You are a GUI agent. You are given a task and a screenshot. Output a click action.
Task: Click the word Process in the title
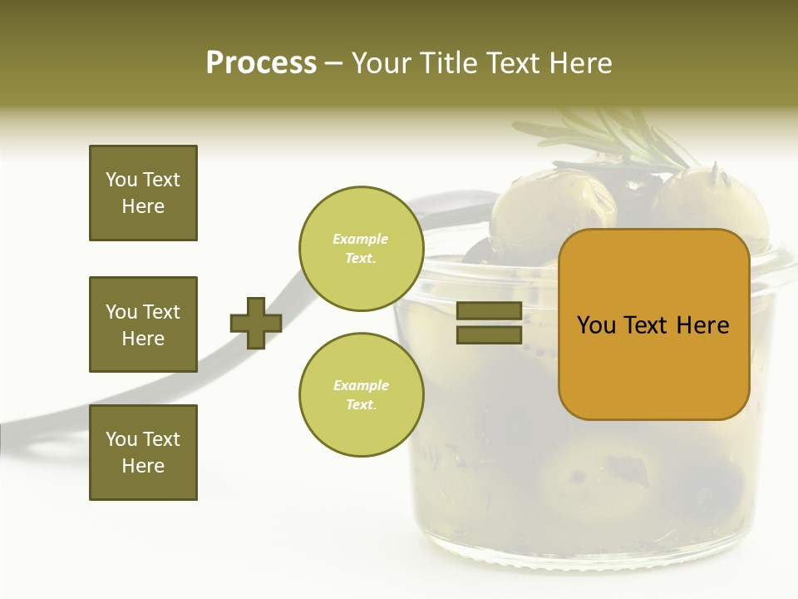coord(261,63)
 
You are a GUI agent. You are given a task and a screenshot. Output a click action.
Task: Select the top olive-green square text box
coord(143,193)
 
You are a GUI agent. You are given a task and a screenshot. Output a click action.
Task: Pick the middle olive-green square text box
coord(143,324)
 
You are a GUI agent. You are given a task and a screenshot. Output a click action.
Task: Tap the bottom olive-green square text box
coord(143,453)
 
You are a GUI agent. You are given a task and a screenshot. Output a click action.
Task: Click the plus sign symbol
coord(256,323)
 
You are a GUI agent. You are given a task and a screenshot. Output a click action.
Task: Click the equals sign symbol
coord(489,323)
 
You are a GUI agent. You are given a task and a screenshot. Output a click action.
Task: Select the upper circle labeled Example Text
coord(361,249)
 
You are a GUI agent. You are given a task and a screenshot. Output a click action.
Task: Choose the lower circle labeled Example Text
coord(361,395)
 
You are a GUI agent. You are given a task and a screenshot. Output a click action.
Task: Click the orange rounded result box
coord(653,324)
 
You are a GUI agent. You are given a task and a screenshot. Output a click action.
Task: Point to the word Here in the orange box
coord(703,325)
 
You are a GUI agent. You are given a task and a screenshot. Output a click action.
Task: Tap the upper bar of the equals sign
coord(489,311)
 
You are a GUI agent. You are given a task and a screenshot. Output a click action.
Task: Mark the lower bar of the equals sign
coord(489,334)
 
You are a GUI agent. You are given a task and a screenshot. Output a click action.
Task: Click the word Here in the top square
coord(143,206)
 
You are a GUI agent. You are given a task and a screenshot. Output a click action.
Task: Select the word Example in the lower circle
coord(361,385)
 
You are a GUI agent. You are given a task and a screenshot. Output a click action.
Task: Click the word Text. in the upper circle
coord(361,259)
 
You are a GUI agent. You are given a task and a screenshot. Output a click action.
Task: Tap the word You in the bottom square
coord(121,439)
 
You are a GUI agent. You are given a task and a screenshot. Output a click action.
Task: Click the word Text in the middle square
coord(161,312)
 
